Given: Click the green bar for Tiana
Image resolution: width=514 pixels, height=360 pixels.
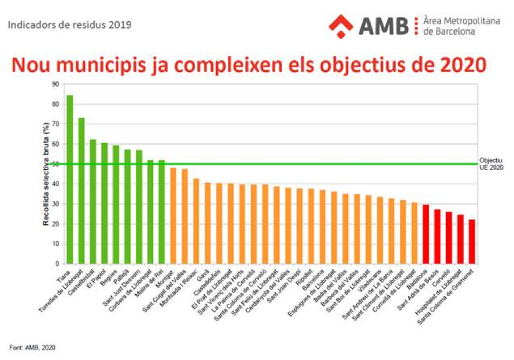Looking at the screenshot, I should coord(70,180).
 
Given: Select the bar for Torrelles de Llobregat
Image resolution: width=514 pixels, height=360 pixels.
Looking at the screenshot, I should coord(81,191).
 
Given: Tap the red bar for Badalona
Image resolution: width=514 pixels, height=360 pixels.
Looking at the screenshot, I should coord(426,234).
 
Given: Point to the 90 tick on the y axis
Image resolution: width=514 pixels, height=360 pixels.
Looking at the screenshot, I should coord(55,84).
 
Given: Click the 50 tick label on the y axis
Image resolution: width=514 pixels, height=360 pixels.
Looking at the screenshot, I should coord(55,164).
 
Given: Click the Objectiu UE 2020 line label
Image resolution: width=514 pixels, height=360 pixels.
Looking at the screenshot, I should coord(491,164).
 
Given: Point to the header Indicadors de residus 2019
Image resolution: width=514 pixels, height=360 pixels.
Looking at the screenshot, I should coord(69,25).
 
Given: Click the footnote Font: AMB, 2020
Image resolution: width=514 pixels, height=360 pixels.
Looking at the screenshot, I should coord(33,347).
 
